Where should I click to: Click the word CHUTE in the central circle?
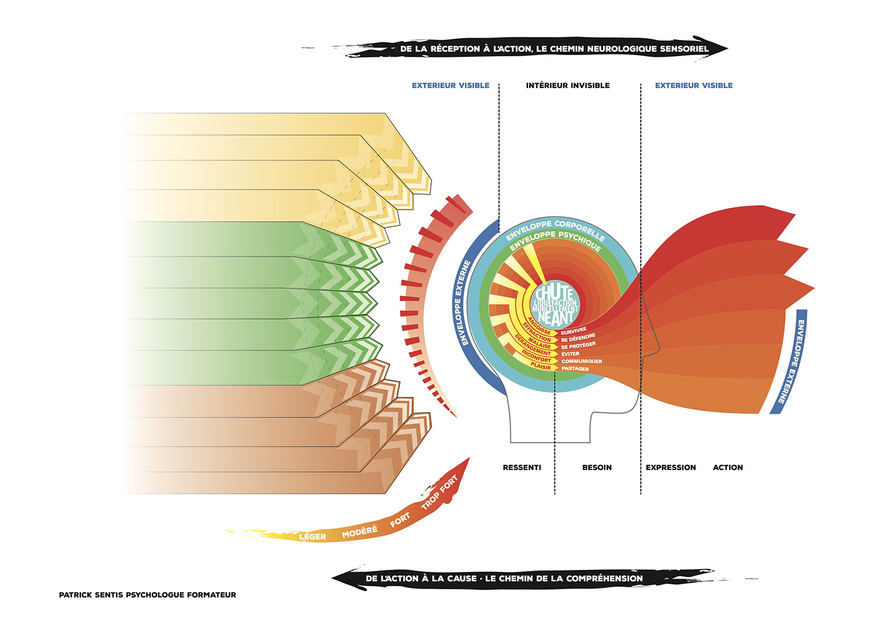tap(554, 291)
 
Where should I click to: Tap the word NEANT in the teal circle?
tap(554, 318)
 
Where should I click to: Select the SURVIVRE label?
tap(573, 331)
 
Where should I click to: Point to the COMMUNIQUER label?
tap(581, 361)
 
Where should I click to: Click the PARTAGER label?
tap(575, 369)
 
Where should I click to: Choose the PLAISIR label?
tap(541, 366)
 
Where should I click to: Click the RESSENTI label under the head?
tap(522, 467)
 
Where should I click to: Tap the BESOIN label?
tap(597, 467)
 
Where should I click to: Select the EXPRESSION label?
tap(671, 467)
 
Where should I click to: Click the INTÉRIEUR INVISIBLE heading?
tap(567, 86)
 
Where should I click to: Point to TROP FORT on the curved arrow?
tap(439, 493)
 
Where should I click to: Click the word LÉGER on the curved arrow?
tap(313, 536)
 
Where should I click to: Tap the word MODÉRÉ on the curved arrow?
tap(360, 532)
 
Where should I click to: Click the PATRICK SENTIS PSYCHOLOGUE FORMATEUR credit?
tap(147, 594)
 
